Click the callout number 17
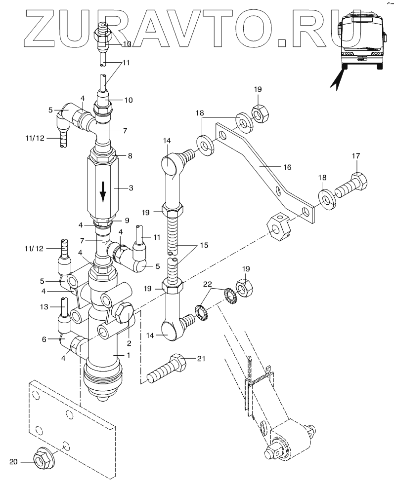[x=356, y=156]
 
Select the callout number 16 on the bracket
[x=287, y=167]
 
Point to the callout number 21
[x=201, y=359]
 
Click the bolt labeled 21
[x=167, y=369]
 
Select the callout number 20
[x=13, y=462]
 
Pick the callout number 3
[x=131, y=187]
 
